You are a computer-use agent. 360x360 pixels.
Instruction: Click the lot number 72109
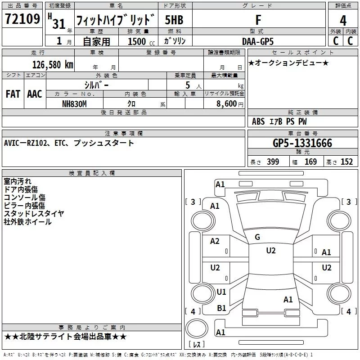[x=22, y=19]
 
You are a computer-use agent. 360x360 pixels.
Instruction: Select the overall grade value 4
[x=343, y=21]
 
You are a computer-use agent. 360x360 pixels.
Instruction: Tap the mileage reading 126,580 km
[x=53, y=65]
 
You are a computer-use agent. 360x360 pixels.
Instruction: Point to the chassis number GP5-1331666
[x=302, y=143]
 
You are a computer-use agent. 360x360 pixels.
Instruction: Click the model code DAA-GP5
[x=258, y=41]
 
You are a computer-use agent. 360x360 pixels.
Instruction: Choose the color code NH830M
[x=74, y=104]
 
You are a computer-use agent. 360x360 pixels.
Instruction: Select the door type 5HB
[x=174, y=20]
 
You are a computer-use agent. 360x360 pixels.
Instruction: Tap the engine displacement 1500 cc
[x=141, y=41]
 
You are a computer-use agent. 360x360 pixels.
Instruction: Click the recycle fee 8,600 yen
[x=230, y=104]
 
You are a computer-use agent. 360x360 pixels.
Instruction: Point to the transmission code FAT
[x=13, y=94]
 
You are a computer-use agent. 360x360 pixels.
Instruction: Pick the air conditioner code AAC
[x=35, y=94]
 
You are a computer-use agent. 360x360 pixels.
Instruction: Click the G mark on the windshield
[x=257, y=237]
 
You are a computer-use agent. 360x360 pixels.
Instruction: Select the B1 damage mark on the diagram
[x=221, y=308]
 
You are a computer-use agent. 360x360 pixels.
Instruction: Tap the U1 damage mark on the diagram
[x=221, y=292]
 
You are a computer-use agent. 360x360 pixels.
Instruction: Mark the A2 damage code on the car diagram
[x=215, y=241]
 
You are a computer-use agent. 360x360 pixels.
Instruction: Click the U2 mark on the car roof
[x=271, y=251]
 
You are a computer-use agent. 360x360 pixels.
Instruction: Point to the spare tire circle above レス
[x=197, y=328]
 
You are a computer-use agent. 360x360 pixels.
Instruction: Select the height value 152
[x=346, y=162]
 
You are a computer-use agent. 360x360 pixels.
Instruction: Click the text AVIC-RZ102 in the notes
[x=25, y=143]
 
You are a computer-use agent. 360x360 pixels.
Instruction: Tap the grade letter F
[x=258, y=20]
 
